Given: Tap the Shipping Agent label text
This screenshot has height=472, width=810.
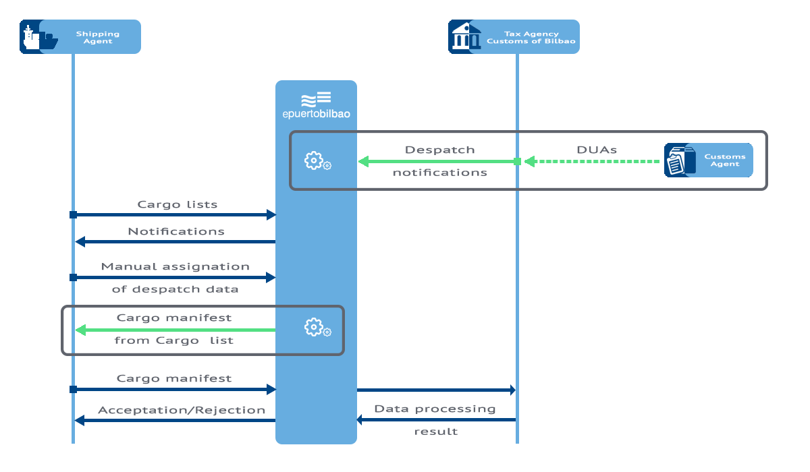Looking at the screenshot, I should click(97, 37).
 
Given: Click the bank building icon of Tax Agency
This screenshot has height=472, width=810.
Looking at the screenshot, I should click(465, 36).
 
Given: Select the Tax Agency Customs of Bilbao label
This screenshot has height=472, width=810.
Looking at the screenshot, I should click(531, 37).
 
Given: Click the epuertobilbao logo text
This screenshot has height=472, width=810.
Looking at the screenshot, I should click(316, 114).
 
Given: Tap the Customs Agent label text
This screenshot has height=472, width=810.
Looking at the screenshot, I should click(725, 160).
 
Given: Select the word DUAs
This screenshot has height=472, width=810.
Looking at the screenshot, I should click(596, 150).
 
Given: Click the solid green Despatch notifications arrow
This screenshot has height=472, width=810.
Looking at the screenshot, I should click(439, 161).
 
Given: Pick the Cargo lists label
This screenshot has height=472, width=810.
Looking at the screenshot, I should click(177, 204).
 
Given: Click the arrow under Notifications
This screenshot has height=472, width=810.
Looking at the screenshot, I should click(175, 241).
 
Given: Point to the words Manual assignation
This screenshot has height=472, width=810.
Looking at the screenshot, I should click(175, 266).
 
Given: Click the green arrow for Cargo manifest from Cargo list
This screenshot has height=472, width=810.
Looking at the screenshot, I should click(175, 330).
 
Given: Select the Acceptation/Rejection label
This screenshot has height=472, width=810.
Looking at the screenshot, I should click(182, 410).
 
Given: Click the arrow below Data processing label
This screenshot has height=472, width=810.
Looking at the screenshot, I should click(436, 420).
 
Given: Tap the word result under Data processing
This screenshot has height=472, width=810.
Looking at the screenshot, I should click(435, 432).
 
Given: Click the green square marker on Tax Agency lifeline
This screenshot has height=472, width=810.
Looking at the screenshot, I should click(517, 161).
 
